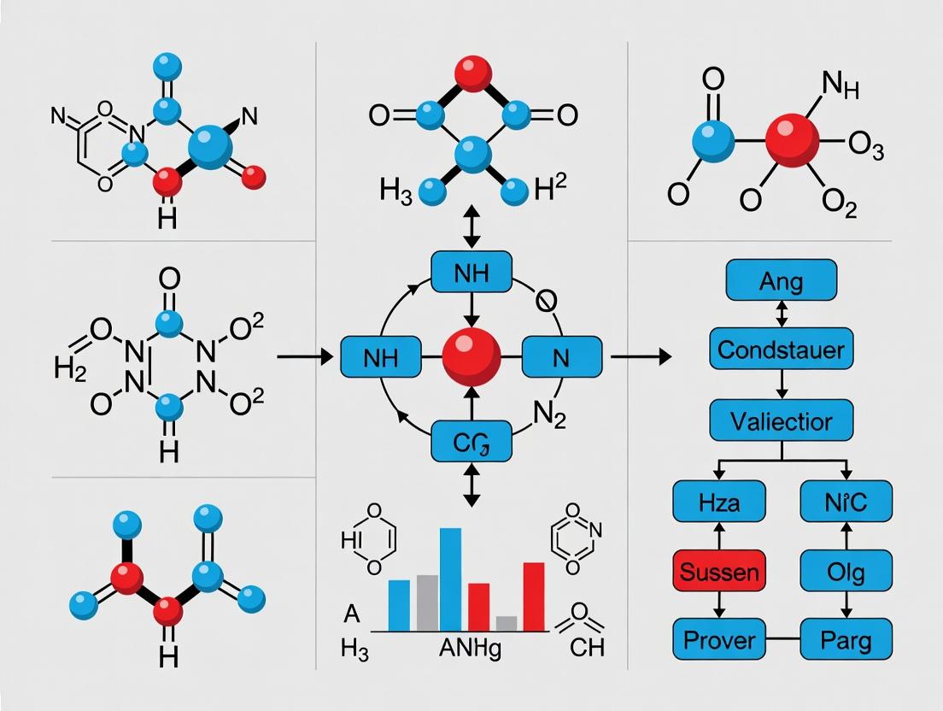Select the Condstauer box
[x=781, y=349]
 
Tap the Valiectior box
[x=781, y=420]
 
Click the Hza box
[x=718, y=501]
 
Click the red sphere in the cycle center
[x=471, y=358]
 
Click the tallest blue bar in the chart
[x=450, y=579]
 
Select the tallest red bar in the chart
[x=533, y=596]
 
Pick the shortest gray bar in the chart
[x=507, y=623]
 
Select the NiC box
[x=846, y=501]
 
